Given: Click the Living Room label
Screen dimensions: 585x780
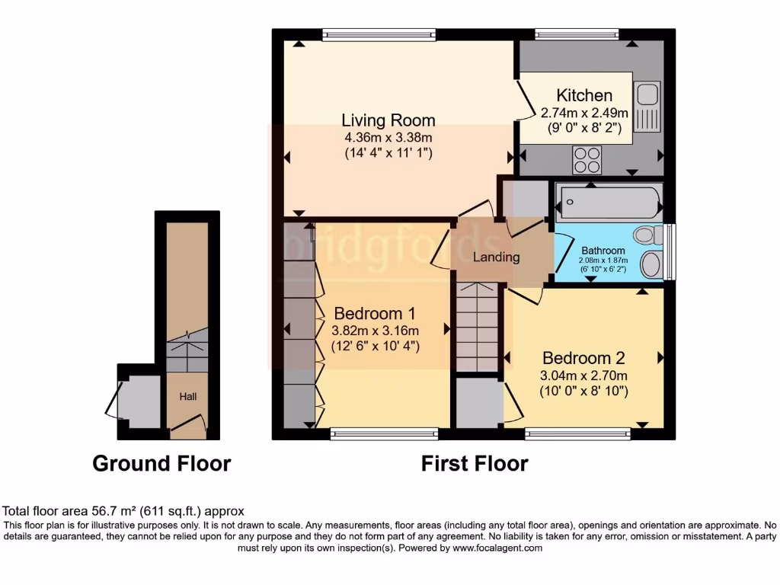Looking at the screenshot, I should coord(388,120).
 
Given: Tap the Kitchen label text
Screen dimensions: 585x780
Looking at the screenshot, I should coord(584,95).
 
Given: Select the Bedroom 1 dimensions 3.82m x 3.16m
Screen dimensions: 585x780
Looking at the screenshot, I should coord(375,331).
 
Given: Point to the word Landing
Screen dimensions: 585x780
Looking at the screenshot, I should coord(496,257).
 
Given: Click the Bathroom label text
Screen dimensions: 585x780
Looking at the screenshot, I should coord(603,251).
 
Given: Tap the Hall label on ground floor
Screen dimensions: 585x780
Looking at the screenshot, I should coord(187,397).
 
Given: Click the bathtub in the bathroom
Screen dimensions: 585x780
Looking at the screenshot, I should coord(607,202).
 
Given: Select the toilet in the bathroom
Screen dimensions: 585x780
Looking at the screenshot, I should coord(649,235).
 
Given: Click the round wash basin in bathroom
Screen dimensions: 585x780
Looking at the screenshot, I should coord(652,264).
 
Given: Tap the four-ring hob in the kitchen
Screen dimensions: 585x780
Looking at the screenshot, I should coord(587,160).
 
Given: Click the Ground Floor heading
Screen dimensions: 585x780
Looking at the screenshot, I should coord(161,463).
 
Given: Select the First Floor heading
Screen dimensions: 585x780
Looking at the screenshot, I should coord(475,463).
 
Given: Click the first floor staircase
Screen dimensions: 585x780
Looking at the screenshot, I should coord(477,326).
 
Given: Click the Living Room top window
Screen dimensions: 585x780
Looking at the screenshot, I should coord(379,34).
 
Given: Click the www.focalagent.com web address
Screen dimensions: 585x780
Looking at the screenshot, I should coord(497,548).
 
